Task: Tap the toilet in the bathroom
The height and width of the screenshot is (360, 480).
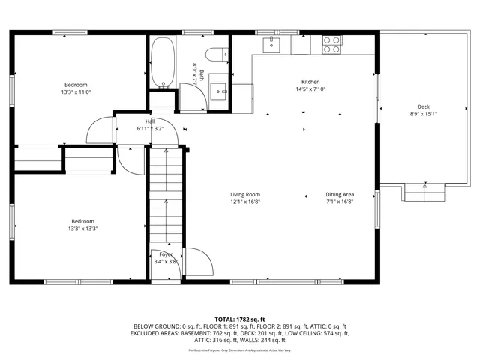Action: point(217,55)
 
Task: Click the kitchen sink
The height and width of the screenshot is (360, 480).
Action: point(271,45)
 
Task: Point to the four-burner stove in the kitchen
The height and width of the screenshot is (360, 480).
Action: point(331,45)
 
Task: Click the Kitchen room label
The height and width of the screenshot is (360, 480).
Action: point(310,82)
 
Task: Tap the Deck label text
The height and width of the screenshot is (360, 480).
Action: point(424,106)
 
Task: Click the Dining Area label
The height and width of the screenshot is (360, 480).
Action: point(340,194)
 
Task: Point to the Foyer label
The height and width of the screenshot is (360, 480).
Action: point(165,254)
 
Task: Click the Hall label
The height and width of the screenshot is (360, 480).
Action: point(150,121)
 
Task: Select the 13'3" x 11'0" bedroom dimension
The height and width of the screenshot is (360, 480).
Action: point(76,91)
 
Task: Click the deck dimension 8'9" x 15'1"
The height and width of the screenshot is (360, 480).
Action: point(424,114)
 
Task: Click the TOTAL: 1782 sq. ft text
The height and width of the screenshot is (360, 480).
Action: point(240,319)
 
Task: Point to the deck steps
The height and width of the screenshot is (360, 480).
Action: point(425,193)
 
